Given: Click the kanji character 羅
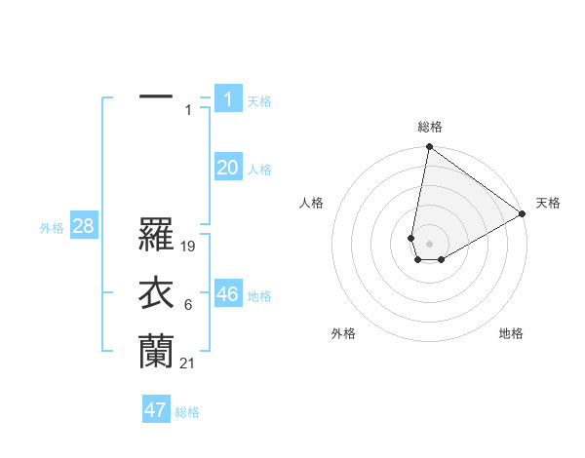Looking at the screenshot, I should coord(156,235).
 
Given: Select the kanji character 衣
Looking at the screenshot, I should coord(156,293).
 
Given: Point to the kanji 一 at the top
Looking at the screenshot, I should coord(156,97).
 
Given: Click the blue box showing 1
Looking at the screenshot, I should coord(228,99).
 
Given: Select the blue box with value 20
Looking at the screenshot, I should coord(228,168).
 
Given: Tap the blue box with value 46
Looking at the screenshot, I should coord(228,294).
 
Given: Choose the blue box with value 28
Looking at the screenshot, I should coord(83,227).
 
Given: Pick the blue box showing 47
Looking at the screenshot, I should coord(156,410).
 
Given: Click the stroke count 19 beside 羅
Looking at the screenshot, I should coord(189,248).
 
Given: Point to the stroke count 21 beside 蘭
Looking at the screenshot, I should coord(188,363).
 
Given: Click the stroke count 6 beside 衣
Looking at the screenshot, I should coord(187,306).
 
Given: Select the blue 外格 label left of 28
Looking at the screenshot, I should coord(52,228).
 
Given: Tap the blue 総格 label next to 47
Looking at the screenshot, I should coord(187,412).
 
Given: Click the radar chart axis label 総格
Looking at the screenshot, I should coord(430,127).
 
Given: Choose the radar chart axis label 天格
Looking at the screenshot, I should coord(548,203).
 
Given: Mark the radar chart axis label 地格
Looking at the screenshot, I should coord(511,333).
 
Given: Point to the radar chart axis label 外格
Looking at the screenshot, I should coord(343,333).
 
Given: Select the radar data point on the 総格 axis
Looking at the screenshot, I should coord(429,147).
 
